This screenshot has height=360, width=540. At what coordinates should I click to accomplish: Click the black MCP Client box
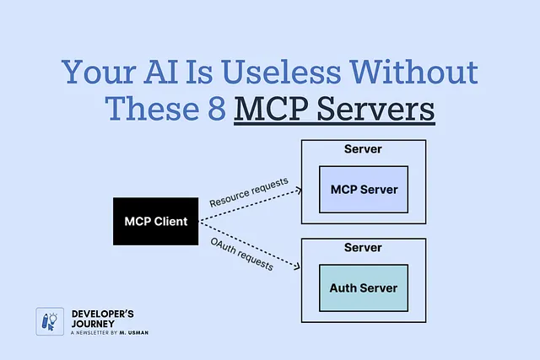point(155,221)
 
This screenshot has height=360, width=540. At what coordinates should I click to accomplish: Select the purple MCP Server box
point(364,189)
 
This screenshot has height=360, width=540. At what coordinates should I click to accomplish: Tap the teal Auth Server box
point(364,287)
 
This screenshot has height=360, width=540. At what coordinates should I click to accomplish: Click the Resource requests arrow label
point(249,191)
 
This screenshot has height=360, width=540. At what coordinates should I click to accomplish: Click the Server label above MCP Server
point(364,150)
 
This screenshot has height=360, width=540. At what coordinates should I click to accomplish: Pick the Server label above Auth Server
point(364,249)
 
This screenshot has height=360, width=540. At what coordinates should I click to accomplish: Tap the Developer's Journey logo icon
point(46,321)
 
